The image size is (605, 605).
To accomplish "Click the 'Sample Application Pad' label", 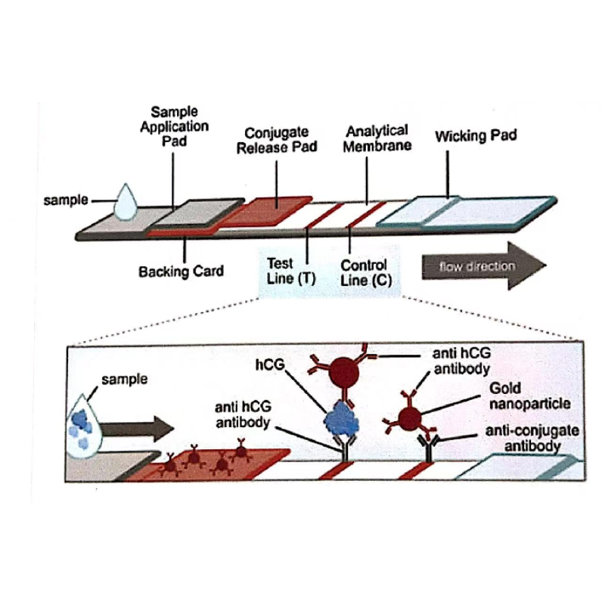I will [175, 126].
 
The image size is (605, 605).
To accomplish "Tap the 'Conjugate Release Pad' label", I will [277, 141].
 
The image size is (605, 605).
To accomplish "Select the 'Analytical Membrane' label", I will [377, 138].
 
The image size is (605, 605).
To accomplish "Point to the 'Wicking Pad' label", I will [476, 137].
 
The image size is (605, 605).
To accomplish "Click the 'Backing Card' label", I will [181, 271].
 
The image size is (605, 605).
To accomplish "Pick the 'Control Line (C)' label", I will [365, 273].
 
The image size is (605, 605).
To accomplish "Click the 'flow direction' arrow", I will [483, 266].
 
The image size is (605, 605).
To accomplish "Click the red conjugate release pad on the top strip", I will [268, 211].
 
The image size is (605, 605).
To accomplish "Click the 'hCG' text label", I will [271, 365].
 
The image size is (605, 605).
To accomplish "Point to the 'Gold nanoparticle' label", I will [529, 396].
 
